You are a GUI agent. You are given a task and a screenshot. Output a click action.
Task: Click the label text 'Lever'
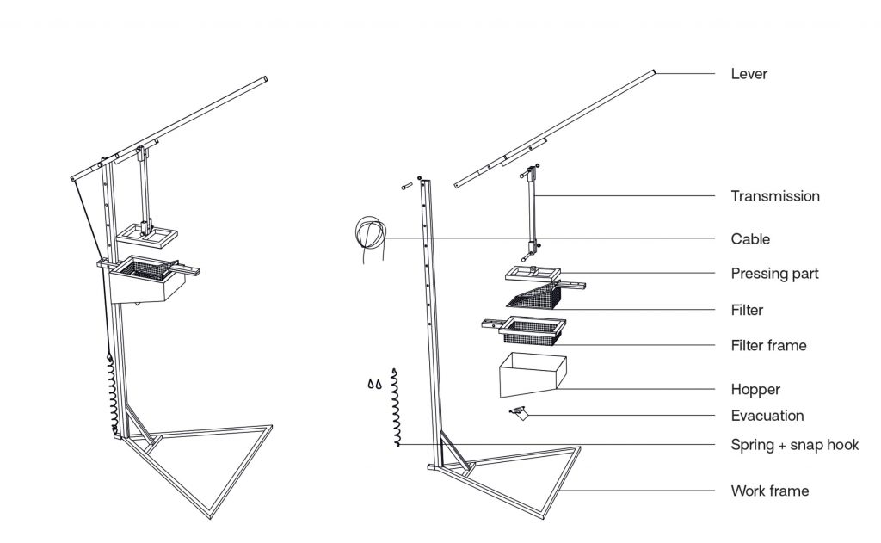[x=749, y=74]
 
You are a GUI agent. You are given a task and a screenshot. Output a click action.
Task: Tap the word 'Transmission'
[x=775, y=196]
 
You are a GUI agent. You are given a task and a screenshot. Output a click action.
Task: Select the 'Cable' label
[x=750, y=238]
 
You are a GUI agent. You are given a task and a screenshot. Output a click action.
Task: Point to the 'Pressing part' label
[x=774, y=274]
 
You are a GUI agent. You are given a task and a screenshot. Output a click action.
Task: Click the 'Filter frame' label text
[x=768, y=345]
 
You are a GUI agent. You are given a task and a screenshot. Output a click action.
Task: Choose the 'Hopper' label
[x=755, y=389]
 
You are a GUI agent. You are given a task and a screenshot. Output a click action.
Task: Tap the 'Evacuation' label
[x=767, y=416]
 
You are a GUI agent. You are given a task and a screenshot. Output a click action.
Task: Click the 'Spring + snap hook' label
[x=794, y=445]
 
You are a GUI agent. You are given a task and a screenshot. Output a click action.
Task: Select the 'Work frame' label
[x=769, y=491]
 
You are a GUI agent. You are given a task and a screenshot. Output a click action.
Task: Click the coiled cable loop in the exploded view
[x=371, y=233]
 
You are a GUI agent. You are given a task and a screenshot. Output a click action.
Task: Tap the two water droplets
[x=374, y=384]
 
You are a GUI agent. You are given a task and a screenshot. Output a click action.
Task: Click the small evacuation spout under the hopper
[x=519, y=414]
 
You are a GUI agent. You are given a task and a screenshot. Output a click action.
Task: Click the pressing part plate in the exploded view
[x=533, y=275]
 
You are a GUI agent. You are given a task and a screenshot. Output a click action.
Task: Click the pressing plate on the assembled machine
[x=147, y=232]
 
